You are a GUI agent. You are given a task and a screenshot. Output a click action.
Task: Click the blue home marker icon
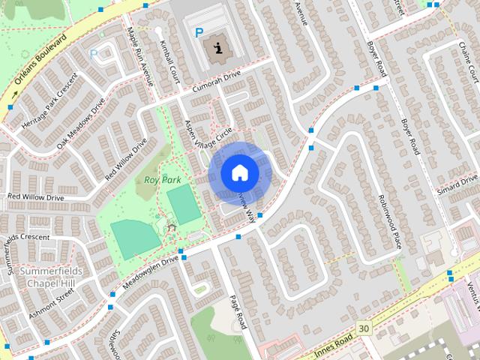click(x=239, y=172)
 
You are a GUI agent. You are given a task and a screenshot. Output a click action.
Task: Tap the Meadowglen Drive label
click(x=149, y=272)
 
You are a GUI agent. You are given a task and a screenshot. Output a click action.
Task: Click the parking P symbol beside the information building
click(x=199, y=33)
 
